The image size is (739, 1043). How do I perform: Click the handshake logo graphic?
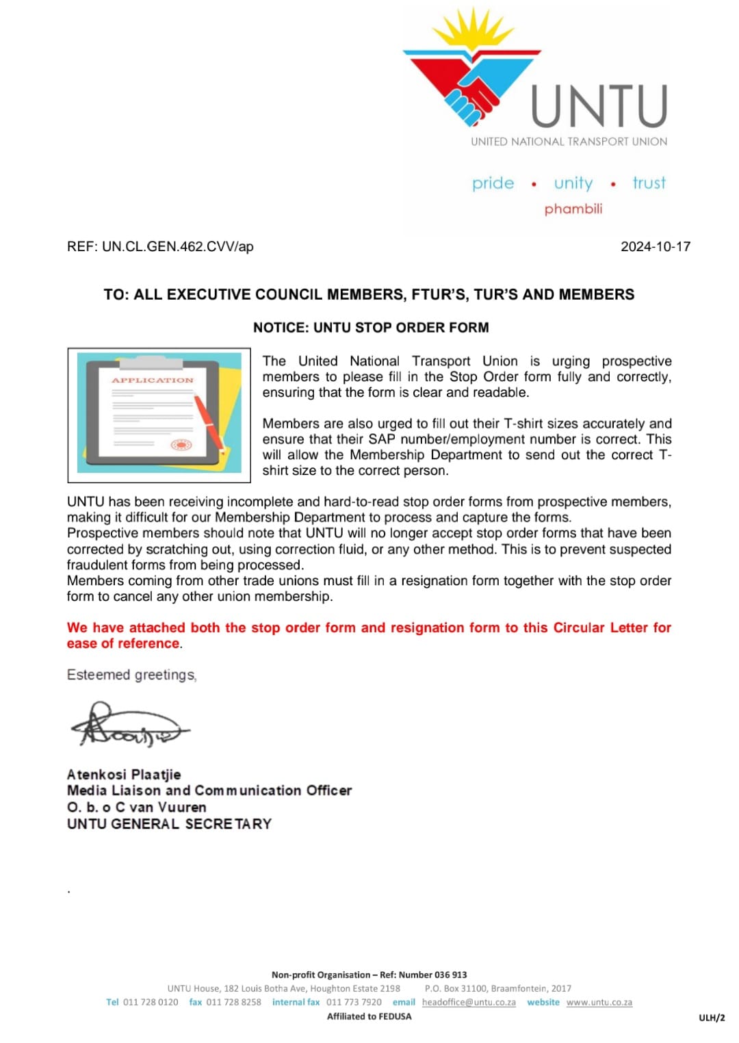click(471, 75)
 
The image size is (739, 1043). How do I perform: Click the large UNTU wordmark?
click(599, 106)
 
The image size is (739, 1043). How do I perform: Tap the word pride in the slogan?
click(493, 183)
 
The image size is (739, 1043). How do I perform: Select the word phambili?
click(573, 209)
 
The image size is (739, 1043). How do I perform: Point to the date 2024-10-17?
click(655, 246)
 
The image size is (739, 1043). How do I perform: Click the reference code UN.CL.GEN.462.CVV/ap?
click(177, 246)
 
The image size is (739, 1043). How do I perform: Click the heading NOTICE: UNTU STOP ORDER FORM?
click(371, 327)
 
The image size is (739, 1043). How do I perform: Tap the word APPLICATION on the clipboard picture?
click(153, 380)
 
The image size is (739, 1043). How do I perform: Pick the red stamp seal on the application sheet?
click(181, 445)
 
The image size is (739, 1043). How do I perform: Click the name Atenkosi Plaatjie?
click(124, 774)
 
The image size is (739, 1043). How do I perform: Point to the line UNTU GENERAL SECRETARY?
click(169, 823)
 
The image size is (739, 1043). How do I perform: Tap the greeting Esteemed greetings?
click(131, 675)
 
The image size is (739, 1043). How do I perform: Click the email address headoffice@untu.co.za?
click(469, 1002)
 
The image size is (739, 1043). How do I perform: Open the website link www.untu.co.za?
click(599, 1002)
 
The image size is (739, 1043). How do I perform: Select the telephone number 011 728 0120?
click(151, 1002)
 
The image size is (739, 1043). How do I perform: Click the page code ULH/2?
click(712, 1018)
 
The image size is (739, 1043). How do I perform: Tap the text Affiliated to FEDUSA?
click(369, 1016)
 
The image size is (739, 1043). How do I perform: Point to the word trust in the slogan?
click(649, 183)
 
